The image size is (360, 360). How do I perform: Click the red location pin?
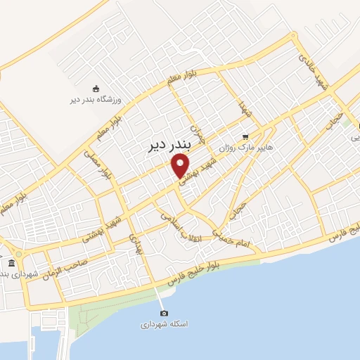click(x=181, y=166)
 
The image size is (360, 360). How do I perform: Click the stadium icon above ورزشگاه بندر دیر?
click(x=96, y=88)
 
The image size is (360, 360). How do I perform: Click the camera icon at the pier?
click(x=164, y=313)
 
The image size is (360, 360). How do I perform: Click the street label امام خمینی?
click(x=231, y=242)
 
